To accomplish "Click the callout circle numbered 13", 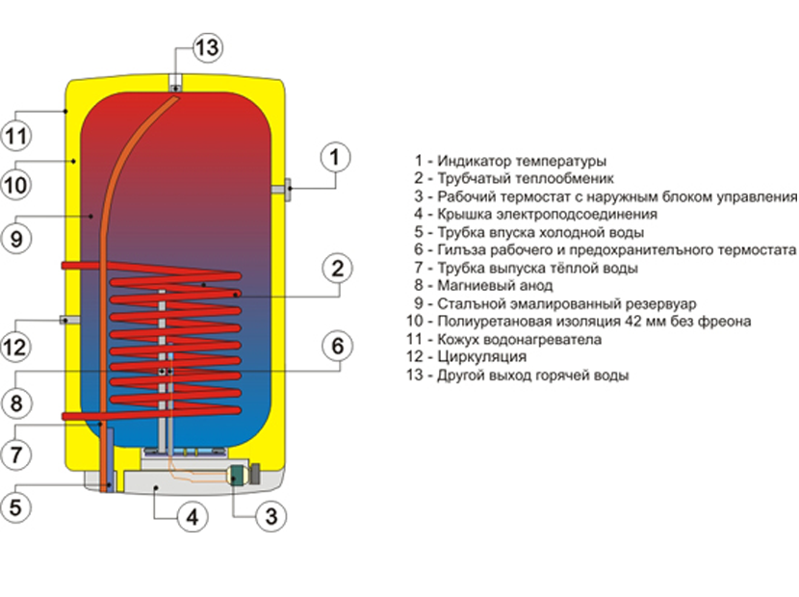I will click(x=206, y=47).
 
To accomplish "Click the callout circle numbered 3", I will click(x=271, y=516).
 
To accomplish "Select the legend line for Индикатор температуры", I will click(x=510, y=161).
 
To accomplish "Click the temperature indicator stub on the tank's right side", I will click(x=286, y=190).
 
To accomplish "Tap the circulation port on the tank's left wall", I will click(x=64, y=319).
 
